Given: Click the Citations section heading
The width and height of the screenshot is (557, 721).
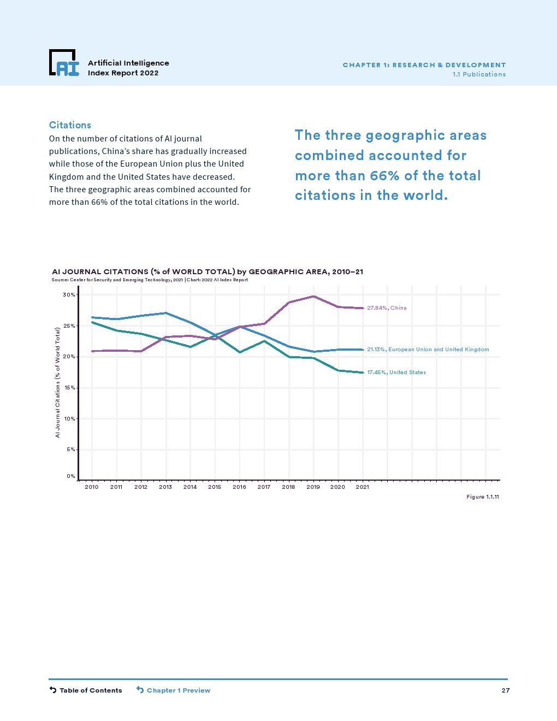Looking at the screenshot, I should [x=70, y=125].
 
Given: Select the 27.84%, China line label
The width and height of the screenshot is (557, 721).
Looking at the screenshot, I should [x=387, y=308].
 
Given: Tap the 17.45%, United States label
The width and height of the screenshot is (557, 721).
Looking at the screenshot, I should [x=396, y=373].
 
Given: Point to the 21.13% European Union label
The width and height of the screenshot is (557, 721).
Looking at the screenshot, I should [x=428, y=350].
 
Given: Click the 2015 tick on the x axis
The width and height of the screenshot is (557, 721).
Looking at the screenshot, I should [x=215, y=487].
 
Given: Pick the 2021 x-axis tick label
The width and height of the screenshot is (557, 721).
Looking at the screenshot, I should [x=362, y=487].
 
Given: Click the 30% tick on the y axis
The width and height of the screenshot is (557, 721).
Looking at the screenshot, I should [x=69, y=295].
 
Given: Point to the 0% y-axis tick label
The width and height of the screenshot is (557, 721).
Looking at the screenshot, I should [x=71, y=476].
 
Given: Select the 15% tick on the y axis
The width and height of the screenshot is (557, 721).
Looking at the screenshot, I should [x=69, y=388].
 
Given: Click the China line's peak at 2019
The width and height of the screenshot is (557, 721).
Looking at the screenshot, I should [x=313, y=297].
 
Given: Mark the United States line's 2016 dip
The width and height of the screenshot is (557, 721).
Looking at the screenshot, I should [x=239, y=352].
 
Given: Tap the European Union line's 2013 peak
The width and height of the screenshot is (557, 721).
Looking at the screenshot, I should [x=166, y=313].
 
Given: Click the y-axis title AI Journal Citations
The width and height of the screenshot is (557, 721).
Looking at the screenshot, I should [x=57, y=382].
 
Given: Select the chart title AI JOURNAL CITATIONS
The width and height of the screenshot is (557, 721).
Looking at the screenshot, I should [x=208, y=271].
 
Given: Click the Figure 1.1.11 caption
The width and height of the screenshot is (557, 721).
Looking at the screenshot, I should [x=483, y=497].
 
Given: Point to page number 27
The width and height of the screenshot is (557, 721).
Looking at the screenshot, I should [x=506, y=690].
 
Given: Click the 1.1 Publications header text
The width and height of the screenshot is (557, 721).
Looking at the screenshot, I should [x=479, y=74].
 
